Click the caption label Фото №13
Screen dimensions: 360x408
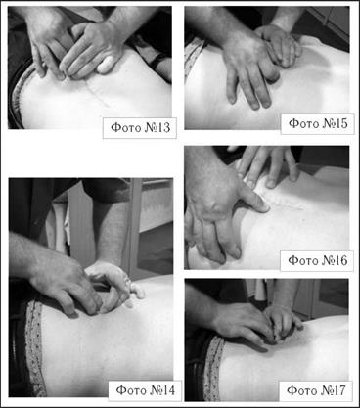tap(140, 128)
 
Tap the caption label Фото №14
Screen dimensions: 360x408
tap(145, 390)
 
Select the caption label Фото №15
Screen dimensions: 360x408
tap(318, 124)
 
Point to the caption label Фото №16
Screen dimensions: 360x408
tap(317, 261)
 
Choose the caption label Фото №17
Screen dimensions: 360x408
tap(316, 390)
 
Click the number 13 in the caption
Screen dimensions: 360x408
tap(162, 127)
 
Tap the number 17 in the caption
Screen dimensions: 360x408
tap(338, 390)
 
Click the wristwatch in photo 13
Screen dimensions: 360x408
tap(158, 62)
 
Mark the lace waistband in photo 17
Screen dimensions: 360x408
tap(212, 369)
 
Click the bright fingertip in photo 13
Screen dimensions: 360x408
tap(106, 65)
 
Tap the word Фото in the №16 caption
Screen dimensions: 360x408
tap(303, 261)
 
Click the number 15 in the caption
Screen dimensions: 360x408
tap(340, 123)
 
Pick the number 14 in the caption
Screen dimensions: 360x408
tap(167, 390)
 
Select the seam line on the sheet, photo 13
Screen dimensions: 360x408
tap(97, 92)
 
